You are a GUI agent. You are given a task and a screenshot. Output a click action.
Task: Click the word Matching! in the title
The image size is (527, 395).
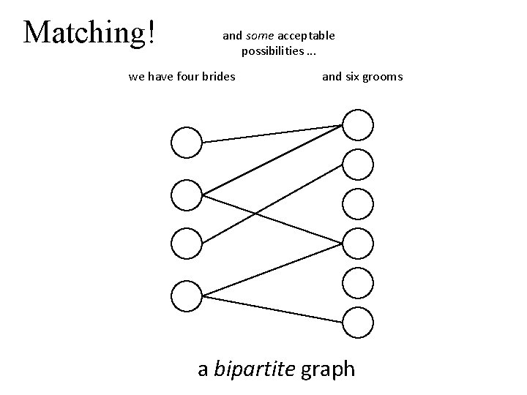click(x=89, y=31)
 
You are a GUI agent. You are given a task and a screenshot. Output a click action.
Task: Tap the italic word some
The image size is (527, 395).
click(x=259, y=35)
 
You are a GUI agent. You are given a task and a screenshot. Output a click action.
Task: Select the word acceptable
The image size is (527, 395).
click(x=305, y=35)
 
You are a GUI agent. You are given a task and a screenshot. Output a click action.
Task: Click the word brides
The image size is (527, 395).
click(x=216, y=76)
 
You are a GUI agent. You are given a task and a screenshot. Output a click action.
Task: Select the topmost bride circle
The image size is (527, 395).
click(x=186, y=142)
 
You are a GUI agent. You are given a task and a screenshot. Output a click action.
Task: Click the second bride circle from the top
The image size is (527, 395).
click(x=186, y=195)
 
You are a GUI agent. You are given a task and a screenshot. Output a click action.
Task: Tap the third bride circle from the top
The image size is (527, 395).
click(x=186, y=244)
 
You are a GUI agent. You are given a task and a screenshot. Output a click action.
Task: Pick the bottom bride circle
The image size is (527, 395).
click(x=186, y=296)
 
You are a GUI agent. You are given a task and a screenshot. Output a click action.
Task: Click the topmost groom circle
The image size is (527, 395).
click(x=358, y=125)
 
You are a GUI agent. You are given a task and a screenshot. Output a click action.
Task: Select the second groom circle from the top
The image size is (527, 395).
click(x=358, y=165)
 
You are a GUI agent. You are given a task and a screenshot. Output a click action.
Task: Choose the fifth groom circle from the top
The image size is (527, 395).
click(x=358, y=282)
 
